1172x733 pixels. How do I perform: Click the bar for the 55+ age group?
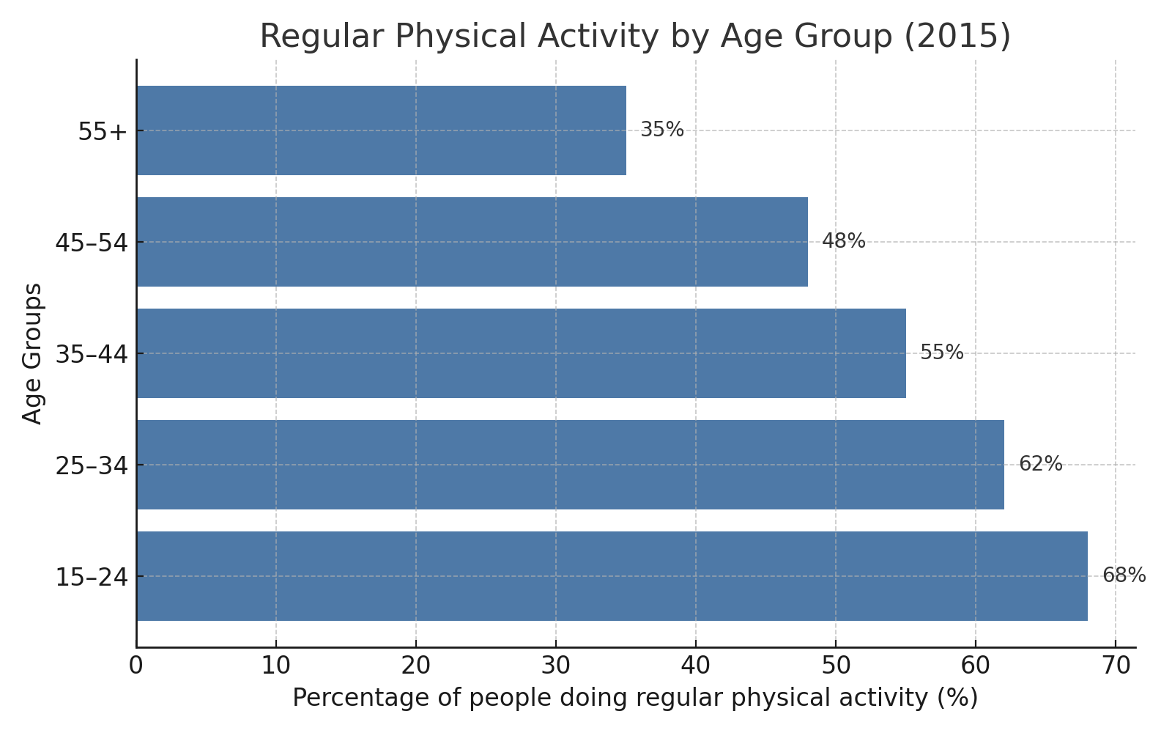tap(381, 130)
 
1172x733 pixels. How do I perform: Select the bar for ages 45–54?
tap(472, 242)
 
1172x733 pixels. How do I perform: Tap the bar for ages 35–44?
tap(521, 353)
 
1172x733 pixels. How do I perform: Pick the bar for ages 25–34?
tap(570, 465)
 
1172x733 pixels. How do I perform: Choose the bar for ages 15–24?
tap(612, 576)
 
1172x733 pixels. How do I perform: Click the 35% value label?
tap(662, 130)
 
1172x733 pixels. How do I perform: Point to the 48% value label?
tap(843, 241)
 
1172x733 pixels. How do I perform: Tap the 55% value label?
tap(941, 353)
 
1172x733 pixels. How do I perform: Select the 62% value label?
tap(1040, 464)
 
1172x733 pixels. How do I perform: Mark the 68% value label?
tap(1124, 575)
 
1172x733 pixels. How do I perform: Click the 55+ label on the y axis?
tap(103, 132)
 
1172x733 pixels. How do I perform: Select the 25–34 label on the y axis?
tap(92, 466)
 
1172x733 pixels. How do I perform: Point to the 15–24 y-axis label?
tap(92, 578)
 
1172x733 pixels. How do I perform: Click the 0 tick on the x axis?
tap(136, 666)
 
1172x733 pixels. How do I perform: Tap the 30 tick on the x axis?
tap(556, 666)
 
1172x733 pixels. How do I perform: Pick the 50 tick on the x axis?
tap(836, 666)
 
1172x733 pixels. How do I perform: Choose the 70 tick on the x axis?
tap(1116, 666)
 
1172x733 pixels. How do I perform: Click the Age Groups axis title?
tap(32, 353)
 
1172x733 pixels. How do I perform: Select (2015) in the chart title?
tap(957, 37)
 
